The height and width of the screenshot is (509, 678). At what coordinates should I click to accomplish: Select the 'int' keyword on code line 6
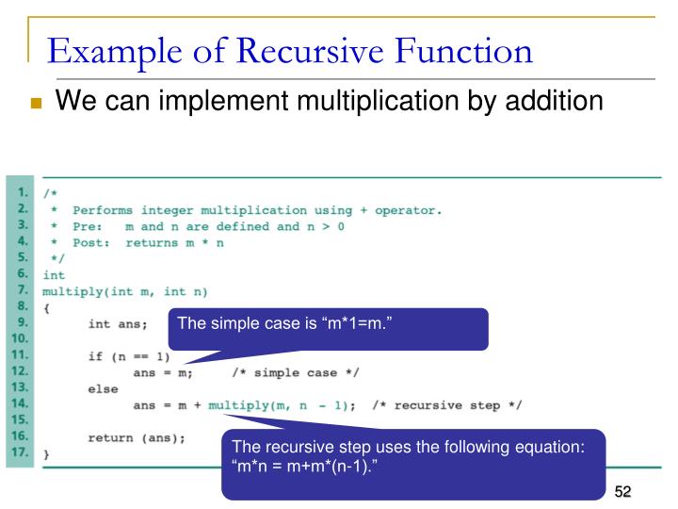click(54, 275)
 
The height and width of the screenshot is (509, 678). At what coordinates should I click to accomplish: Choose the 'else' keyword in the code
click(103, 388)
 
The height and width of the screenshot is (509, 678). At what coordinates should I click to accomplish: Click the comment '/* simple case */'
click(295, 372)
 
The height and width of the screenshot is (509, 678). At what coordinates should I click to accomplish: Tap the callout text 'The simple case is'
click(240, 325)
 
